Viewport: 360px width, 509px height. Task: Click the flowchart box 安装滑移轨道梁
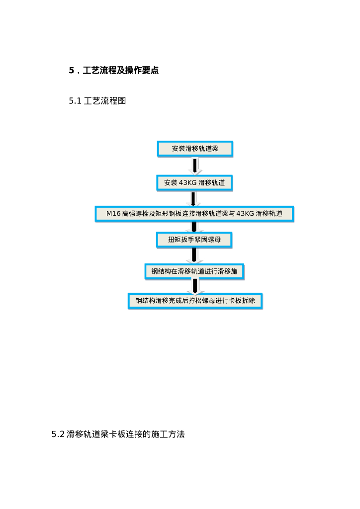(x=195, y=149)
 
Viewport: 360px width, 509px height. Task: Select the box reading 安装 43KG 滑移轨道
(x=195, y=183)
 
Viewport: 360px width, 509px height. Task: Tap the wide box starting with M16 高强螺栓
(x=194, y=214)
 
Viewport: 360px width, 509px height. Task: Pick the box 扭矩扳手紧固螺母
(x=194, y=240)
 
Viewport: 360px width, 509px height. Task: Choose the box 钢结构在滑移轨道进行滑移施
(x=194, y=271)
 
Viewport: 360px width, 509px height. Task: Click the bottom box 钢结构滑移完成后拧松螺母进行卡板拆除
(x=195, y=301)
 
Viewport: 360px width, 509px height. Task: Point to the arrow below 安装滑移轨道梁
(x=195, y=166)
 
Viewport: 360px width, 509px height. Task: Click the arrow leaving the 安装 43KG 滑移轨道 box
(x=194, y=198)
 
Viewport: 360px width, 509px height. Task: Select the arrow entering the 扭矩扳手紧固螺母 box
(x=194, y=227)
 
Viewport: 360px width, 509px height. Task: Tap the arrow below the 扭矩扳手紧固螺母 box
(x=194, y=255)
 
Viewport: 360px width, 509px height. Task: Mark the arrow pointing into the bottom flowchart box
(x=195, y=286)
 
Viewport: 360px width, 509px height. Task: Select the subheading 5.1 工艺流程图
(x=97, y=101)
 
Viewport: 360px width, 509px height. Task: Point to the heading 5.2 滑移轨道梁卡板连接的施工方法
(x=118, y=434)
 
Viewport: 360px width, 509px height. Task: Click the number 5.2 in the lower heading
(x=58, y=434)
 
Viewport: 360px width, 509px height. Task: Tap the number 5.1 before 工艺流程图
(x=75, y=101)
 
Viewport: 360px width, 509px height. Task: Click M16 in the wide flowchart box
(x=113, y=214)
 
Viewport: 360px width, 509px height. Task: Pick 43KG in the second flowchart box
(x=187, y=183)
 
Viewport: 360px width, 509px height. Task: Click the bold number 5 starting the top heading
(x=71, y=71)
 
